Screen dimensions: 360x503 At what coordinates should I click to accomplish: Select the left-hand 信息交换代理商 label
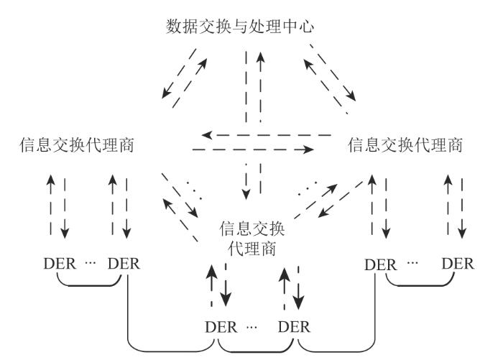pos(79,145)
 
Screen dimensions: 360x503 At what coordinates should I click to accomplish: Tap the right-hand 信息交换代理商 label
pos(405,145)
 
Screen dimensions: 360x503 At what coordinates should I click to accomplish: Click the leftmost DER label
pos(58,264)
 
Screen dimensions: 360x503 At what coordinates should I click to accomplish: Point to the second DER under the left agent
pos(124,264)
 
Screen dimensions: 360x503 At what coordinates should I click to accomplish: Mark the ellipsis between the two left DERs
pos(91,264)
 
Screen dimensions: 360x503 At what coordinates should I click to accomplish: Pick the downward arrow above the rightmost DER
pos(462,208)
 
